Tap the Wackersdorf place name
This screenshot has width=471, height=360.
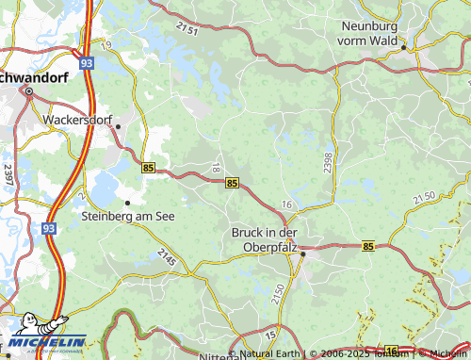click(77, 121)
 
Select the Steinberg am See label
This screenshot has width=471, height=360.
click(129, 215)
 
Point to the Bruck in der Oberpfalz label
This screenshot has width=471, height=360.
click(265, 240)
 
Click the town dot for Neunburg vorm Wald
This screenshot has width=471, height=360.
click(403, 46)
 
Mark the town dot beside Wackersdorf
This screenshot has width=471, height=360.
click(118, 125)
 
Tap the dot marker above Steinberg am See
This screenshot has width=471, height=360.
click(127, 202)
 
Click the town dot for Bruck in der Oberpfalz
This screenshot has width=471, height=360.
click(302, 253)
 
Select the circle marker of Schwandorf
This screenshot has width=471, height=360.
click(28, 91)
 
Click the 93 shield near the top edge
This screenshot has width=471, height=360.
click(87, 62)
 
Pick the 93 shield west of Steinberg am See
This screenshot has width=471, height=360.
click(48, 227)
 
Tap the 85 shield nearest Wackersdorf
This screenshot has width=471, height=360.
click(149, 167)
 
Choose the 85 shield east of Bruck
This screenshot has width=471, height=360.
click(367, 246)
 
